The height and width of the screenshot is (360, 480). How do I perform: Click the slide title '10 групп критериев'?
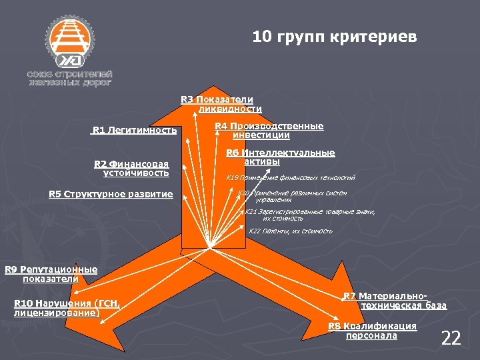click(335, 37)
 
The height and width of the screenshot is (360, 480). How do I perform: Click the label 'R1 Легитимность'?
click(135, 130)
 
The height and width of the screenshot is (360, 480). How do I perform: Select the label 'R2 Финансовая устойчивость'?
click(131, 169)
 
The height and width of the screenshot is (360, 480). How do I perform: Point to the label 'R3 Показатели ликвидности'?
click(221, 104)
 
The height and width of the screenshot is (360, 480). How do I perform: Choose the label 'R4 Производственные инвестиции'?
click(269, 131)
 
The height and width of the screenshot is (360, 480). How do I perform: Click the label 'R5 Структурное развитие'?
click(111, 195)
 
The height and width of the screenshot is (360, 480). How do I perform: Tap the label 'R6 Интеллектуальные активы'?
click(280, 157)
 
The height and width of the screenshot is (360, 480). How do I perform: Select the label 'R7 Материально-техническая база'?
click(395, 301)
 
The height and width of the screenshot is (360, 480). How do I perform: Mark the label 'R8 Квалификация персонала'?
click(372, 331)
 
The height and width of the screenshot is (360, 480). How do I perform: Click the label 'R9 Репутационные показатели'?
click(51, 274)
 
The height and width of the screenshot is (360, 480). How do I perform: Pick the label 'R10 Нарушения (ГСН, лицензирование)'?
click(66, 308)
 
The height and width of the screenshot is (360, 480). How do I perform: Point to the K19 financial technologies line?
click(291, 178)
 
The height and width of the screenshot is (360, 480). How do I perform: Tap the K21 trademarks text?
click(309, 215)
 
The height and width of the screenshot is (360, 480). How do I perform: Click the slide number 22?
click(451, 339)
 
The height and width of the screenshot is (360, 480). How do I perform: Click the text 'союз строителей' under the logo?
click(69, 73)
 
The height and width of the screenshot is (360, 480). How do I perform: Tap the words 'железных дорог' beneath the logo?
click(69, 83)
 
